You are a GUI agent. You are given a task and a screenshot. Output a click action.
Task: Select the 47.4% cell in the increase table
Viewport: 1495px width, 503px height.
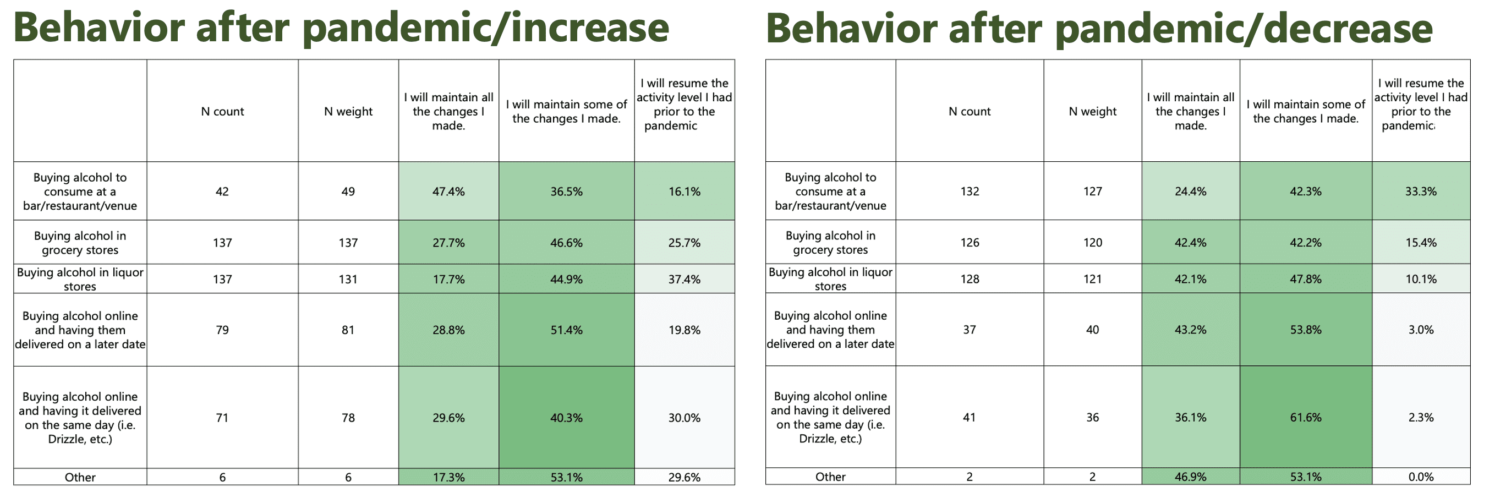click(x=448, y=192)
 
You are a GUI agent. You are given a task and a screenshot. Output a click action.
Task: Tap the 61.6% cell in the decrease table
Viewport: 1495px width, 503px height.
click(x=1305, y=417)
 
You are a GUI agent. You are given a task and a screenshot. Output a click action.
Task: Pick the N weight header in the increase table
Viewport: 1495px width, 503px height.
click(x=348, y=111)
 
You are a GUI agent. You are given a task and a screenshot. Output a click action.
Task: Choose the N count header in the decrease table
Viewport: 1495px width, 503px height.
click(x=969, y=111)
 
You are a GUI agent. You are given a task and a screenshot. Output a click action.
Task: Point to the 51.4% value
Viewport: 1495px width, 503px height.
click(x=566, y=330)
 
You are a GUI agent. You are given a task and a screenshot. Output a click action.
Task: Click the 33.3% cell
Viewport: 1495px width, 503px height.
click(x=1421, y=192)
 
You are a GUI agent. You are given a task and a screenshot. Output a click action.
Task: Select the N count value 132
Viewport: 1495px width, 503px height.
click(x=969, y=192)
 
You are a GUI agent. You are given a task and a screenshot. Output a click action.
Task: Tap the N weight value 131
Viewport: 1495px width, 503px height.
click(x=348, y=279)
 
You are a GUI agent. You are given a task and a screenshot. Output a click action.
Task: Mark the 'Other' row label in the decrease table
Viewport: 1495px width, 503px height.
click(x=830, y=477)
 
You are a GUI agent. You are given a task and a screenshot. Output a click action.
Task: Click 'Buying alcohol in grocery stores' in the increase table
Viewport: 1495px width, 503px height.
click(x=80, y=243)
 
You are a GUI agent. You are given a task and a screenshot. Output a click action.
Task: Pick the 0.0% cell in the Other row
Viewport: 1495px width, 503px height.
click(x=1421, y=477)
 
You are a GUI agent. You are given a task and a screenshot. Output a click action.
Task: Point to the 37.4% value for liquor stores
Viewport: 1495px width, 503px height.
click(x=684, y=279)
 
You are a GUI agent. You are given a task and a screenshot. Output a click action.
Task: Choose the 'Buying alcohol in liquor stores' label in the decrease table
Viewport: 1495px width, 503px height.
click(x=830, y=279)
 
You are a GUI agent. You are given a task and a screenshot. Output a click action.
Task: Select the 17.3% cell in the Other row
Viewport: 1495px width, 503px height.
click(x=448, y=478)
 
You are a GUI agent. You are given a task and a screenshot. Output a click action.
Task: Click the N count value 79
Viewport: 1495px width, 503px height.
click(x=222, y=330)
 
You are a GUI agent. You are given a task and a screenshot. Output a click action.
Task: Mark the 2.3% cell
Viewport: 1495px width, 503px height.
click(x=1421, y=417)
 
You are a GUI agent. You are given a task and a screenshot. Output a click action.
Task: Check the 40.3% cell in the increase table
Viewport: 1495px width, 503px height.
click(x=566, y=418)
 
